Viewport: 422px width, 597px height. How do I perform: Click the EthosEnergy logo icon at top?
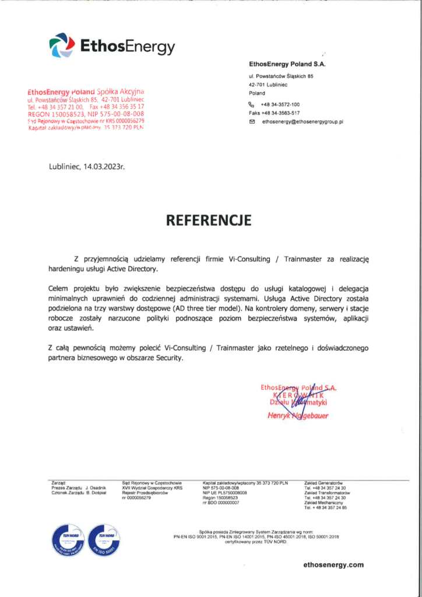click(x=61, y=45)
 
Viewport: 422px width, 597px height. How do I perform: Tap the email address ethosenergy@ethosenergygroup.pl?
click(x=303, y=122)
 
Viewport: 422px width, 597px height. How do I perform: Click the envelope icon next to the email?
click(x=252, y=122)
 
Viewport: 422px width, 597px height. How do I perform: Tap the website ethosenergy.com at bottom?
click(x=333, y=564)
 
